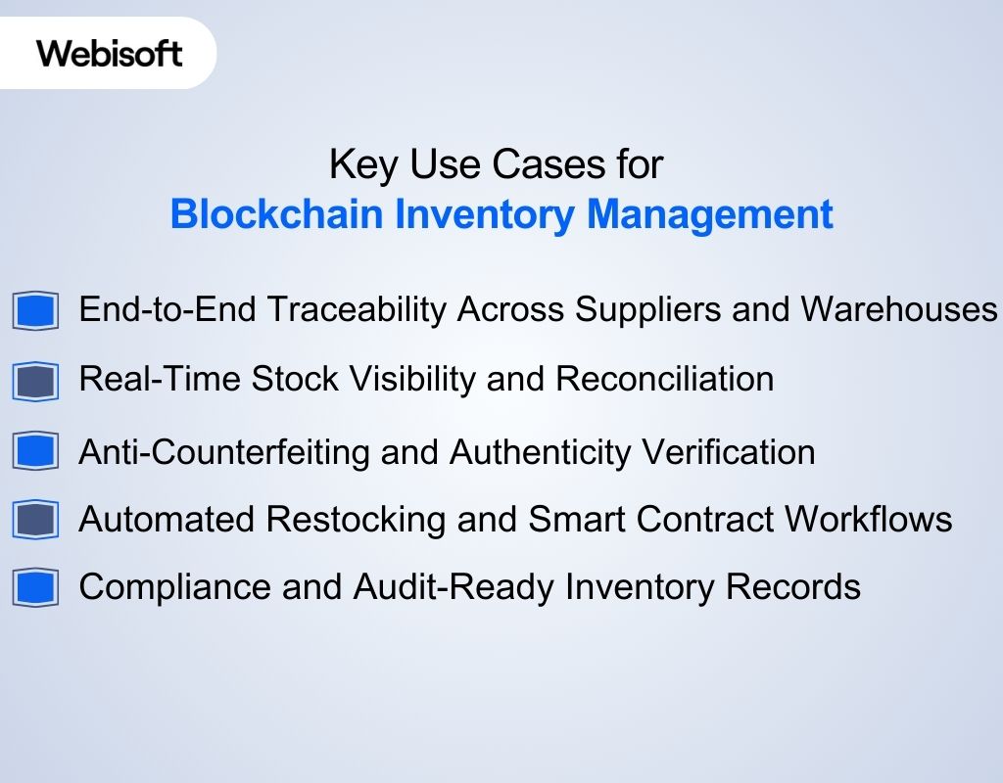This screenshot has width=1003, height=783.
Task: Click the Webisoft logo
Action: click(x=110, y=53)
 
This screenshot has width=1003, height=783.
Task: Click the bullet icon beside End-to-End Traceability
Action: click(x=36, y=311)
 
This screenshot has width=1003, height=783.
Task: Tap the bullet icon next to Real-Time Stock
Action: click(x=36, y=380)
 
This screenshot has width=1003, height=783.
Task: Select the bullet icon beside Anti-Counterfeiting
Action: click(x=36, y=451)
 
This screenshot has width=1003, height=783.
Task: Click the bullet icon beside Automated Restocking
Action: click(x=36, y=519)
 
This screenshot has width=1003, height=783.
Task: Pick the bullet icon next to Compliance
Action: click(x=36, y=587)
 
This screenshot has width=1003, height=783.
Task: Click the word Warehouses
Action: click(x=898, y=309)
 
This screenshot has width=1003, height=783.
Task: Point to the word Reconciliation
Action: click(x=665, y=379)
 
